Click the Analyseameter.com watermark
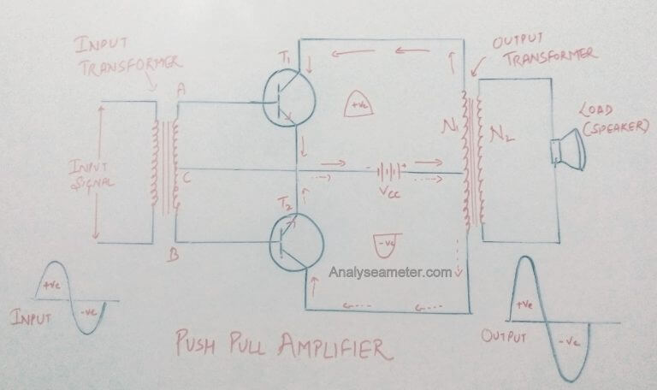(x=390, y=274)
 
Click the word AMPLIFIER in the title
(x=330, y=346)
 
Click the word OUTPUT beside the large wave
(x=502, y=334)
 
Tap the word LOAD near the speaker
(x=597, y=112)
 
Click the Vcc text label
(x=387, y=192)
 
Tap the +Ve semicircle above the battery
(x=355, y=104)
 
